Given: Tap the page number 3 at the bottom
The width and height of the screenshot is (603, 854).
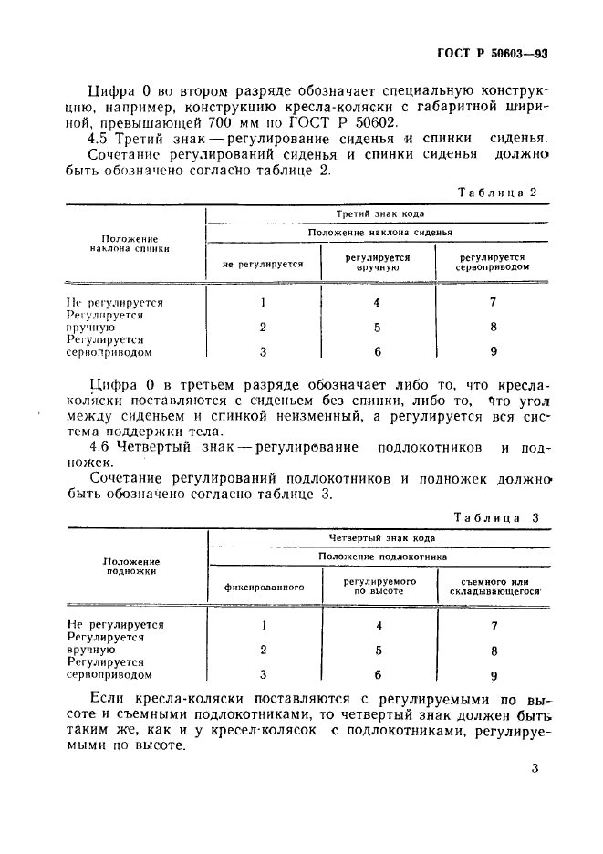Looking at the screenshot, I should [x=535, y=767].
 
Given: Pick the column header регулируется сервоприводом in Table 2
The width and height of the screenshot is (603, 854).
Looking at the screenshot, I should [x=492, y=264].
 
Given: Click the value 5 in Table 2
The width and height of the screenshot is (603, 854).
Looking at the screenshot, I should [x=377, y=328].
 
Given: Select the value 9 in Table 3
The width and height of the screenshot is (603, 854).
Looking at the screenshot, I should [x=494, y=676].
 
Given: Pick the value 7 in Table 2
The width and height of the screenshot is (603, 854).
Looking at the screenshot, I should [x=493, y=303].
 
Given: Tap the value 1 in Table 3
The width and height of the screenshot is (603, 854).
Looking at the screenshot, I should [x=264, y=626].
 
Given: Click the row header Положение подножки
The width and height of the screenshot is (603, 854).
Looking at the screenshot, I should [x=131, y=567].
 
